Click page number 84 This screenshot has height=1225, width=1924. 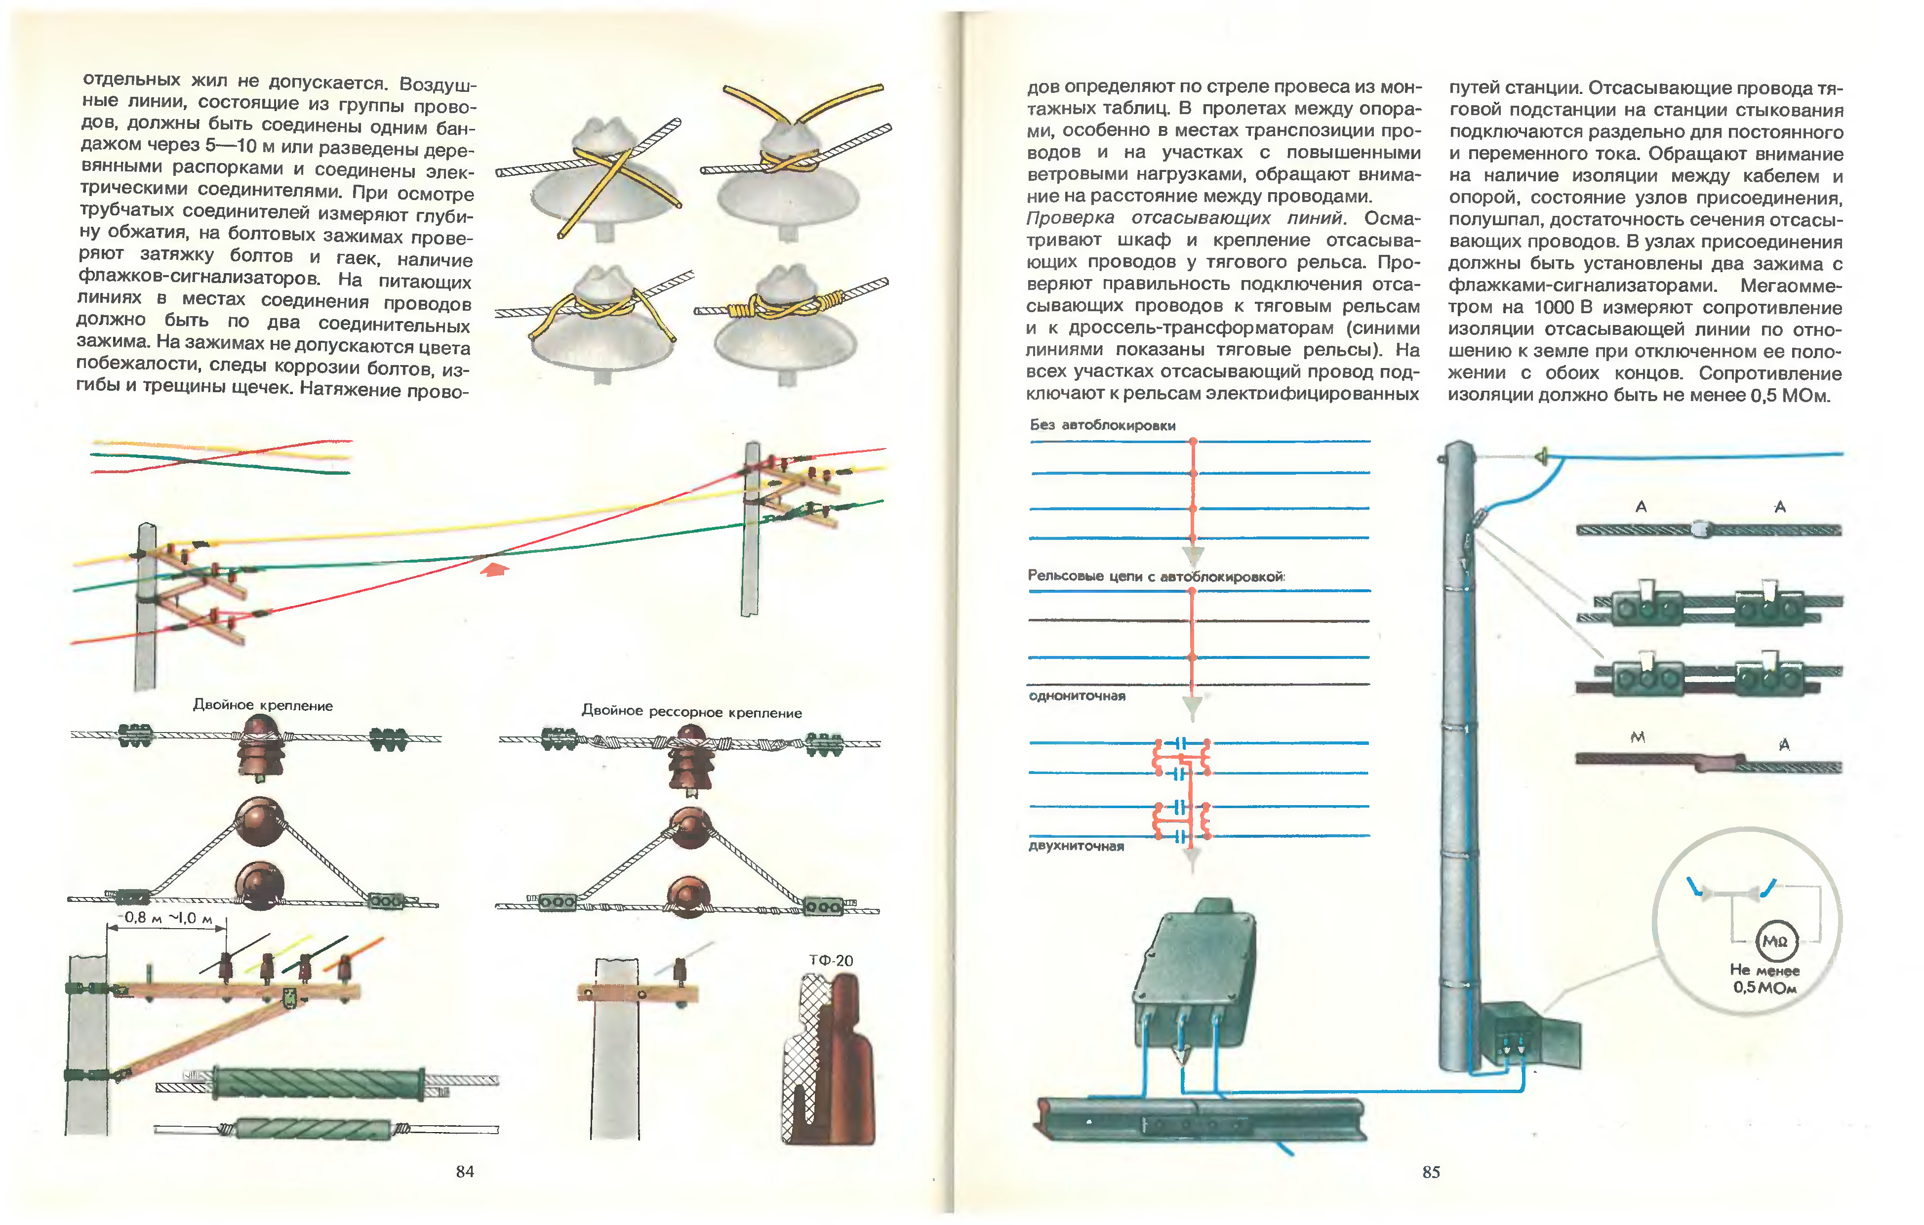[x=464, y=1172]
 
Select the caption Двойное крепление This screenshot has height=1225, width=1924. [x=263, y=705]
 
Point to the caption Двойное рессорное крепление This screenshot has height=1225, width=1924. [x=691, y=711]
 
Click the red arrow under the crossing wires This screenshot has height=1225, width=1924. [x=495, y=569]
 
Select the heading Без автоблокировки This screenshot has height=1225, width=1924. [x=1103, y=425]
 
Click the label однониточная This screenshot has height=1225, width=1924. [x=1077, y=696]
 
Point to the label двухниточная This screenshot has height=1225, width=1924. [x=1076, y=846]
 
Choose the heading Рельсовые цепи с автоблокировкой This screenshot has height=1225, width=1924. [x=1156, y=576]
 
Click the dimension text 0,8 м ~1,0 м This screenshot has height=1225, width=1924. [x=168, y=918]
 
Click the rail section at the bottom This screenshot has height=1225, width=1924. [x=1199, y=1119]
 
